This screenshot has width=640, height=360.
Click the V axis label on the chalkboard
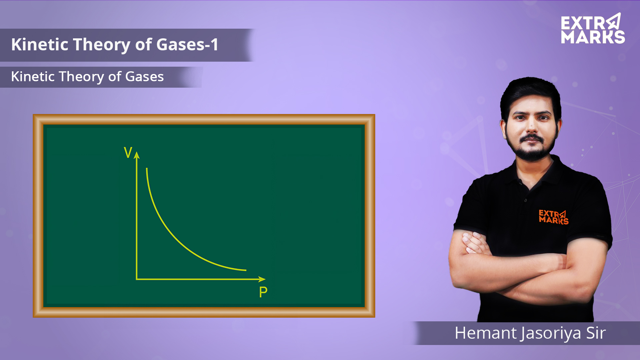[128, 152]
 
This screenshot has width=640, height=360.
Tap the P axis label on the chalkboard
[263, 292]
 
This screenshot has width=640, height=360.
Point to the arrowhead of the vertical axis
[137, 155]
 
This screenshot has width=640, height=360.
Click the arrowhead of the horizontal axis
[262, 279]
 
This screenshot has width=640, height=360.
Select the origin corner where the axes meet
[137, 279]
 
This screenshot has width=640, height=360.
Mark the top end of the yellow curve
[147, 168]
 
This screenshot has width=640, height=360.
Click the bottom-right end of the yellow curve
[246, 270]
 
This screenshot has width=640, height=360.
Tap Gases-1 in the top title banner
[187, 44]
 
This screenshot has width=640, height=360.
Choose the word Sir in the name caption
[596, 333]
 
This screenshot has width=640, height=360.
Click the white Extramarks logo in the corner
[593, 29]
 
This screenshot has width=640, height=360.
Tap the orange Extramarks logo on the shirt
[554, 217]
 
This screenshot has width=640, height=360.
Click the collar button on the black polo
[525, 200]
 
